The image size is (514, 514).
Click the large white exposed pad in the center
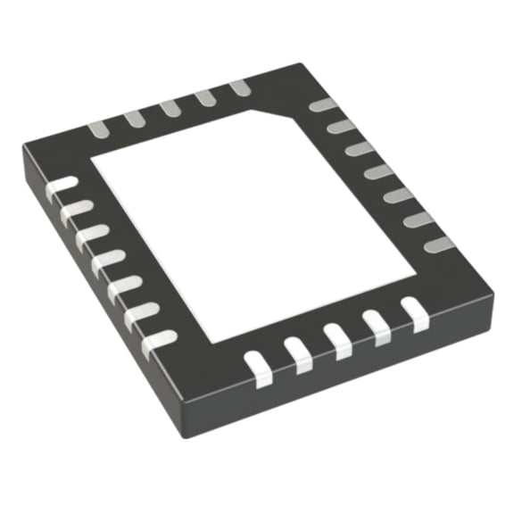coord(254,223)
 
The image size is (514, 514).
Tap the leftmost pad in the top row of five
coord(97,128)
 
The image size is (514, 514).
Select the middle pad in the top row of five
coord(170,107)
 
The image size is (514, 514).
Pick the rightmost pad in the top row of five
coord(238,87)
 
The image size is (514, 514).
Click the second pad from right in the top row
coord(204,97)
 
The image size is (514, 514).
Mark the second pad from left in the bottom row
coord(298,354)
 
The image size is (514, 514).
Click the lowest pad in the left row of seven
coord(159,339)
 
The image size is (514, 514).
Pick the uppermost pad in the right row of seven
coord(322,106)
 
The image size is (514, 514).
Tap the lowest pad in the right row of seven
coord(436,243)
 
